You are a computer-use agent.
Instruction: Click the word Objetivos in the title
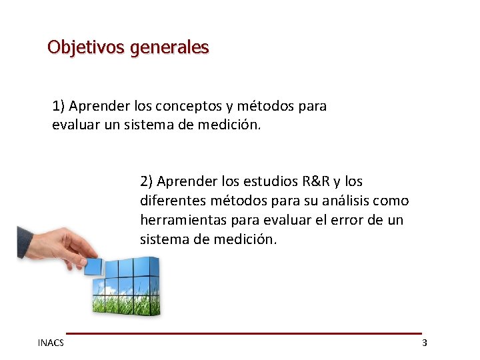click(85, 48)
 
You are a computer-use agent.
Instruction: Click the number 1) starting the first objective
click(59, 106)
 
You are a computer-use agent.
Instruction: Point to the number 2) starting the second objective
click(147, 181)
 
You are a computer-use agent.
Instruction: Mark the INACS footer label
click(51, 343)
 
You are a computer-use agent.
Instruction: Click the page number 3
click(425, 343)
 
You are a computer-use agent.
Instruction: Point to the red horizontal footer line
click(243, 333)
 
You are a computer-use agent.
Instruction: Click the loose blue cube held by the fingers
click(93, 266)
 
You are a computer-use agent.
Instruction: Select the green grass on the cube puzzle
click(127, 303)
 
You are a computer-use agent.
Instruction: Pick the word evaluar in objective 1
click(76, 125)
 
